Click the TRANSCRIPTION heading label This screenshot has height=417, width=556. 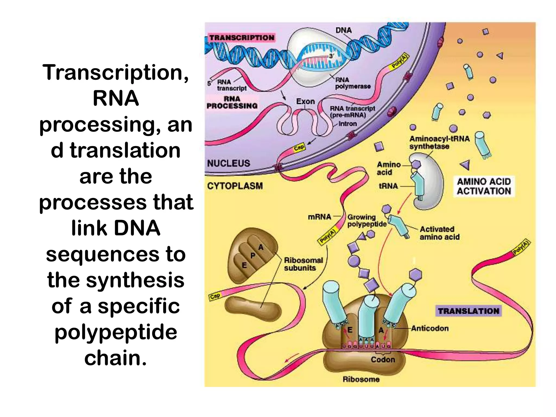pos(242,37)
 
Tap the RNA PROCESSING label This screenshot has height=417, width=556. pos(232,102)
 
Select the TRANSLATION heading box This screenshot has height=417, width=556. pos(468,311)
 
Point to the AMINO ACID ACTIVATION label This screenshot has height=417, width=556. pos(484,186)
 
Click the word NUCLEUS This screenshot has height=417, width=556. pos(228,163)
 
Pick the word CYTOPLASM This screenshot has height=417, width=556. pos(235,186)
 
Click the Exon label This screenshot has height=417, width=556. pos(305,101)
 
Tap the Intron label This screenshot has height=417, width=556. pos(348,124)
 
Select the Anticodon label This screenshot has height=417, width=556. pos(429,328)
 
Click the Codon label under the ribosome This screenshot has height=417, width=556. pos(383,359)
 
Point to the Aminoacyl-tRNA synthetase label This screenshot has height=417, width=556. pos(439,143)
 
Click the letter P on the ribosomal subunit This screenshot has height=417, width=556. pos(253,255)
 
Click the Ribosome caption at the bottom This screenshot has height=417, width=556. pos(361,379)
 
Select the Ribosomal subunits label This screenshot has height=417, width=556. pos(303,264)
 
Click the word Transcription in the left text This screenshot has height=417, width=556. pos(115,72)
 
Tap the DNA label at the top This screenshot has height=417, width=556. pos(343,30)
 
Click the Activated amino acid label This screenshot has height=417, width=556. pos(439,233)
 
